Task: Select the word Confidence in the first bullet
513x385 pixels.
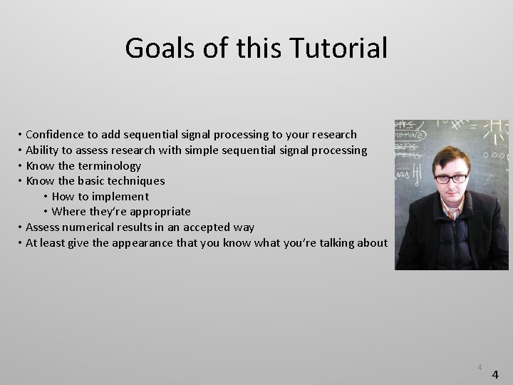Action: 56,135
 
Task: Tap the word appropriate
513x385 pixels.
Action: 160,212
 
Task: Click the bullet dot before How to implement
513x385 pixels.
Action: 46,197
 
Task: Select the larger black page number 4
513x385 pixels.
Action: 496,374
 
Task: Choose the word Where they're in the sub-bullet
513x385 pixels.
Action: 89,212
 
